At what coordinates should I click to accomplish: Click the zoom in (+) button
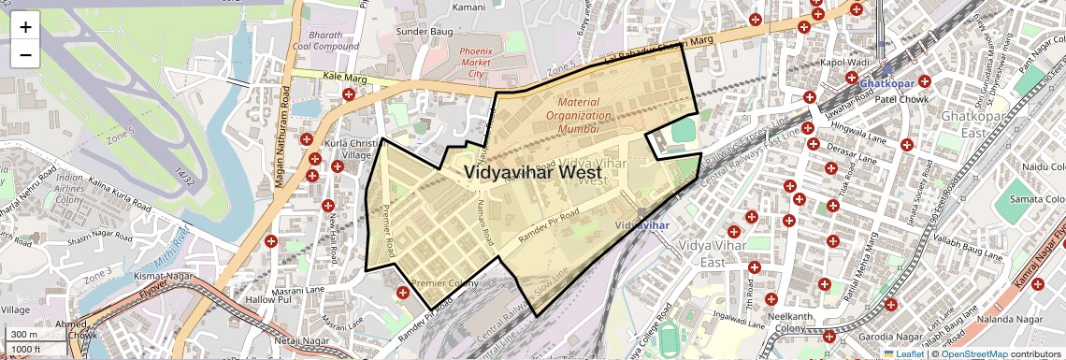[x=25, y=27]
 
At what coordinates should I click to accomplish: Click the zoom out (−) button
[x=25, y=54]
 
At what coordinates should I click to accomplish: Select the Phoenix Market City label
[x=475, y=62]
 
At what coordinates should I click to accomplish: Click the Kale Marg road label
[x=342, y=75]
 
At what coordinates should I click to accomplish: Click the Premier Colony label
[x=444, y=282]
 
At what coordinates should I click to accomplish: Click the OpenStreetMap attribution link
[x=973, y=353]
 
